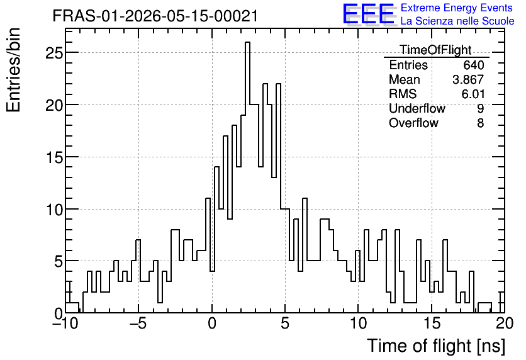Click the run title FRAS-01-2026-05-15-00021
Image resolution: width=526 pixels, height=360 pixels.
[x=155, y=16]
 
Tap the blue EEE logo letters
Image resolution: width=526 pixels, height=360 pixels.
[x=369, y=14]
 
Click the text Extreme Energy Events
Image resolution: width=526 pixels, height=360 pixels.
[x=457, y=8]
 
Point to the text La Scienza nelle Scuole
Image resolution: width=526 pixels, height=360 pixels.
[x=457, y=21]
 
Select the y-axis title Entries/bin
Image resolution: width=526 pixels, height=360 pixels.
[x=13, y=70]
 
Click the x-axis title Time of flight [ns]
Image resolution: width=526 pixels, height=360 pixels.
[x=436, y=346]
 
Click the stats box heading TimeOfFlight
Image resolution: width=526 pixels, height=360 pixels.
[x=436, y=50]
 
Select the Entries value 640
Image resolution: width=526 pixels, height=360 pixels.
[x=474, y=65]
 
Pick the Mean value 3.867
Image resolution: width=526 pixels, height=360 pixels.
[x=468, y=79]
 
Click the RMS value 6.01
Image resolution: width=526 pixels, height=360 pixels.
[x=473, y=94]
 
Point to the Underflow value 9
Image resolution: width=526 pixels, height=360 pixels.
[x=480, y=108]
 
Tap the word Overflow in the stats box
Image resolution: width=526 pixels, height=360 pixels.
[x=413, y=123]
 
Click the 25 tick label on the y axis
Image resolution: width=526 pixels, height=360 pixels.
[x=53, y=53]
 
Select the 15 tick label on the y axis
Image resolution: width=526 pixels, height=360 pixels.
[x=53, y=157]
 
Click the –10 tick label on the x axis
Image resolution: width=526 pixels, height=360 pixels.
[x=65, y=323]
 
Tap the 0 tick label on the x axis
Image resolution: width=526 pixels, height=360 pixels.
[x=212, y=323]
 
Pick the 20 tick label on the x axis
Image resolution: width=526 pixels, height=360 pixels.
[x=505, y=323]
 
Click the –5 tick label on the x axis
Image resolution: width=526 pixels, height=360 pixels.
[x=138, y=323]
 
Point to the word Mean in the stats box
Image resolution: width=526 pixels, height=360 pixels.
[x=404, y=79]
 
